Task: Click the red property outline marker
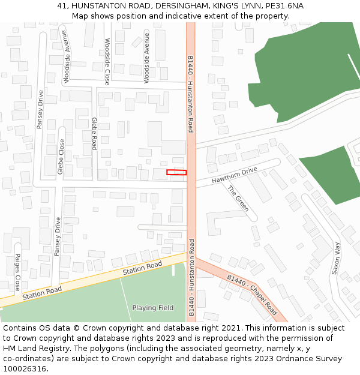pyautogui.click(x=176, y=173)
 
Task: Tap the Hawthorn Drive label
pyautogui.click(x=234, y=175)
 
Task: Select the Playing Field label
pyautogui.click(x=152, y=308)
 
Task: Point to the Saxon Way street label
pyautogui.click(x=336, y=258)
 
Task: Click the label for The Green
pyautogui.click(x=238, y=199)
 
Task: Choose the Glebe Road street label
pyautogui.click(x=94, y=133)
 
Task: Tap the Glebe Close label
pyautogui.click(x=61, y=157)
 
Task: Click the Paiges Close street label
pyautogui.click(x=17, y=272)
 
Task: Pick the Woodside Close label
pyautogui.click(x=107, y=61)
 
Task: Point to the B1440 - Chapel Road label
pyautogui.click(x=252, y=295)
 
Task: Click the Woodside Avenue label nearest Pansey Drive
pyautogui.click(x=67, y=64)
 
